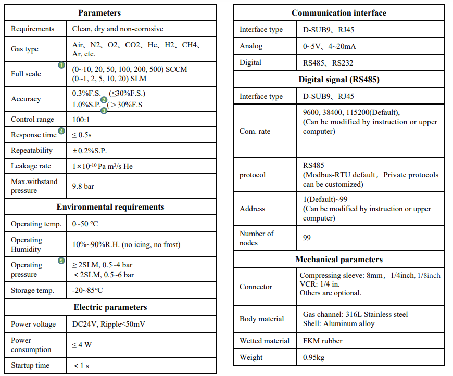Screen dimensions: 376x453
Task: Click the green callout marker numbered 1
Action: pyautogui.click(x=61, y=65)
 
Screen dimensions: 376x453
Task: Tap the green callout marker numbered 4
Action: pyautogui.click(x=61, y=132)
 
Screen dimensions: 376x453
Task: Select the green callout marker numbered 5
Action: pyautogui.click(x=61, y=260)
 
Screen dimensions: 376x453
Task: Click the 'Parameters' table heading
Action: pyautogui.click(x=99, y=13)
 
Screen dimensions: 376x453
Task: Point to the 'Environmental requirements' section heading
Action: pyautogui.click(x=110, y=207)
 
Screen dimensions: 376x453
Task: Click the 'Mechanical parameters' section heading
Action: pyautogui.click(x=339, y=260)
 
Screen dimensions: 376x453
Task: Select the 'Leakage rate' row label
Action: pyautogui.click(x=31, y=166)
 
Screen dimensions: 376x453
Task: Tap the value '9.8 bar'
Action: pyautogui.click(x=83, y=186)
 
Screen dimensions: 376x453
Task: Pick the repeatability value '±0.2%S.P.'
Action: pyautogui.click(x=93, y=150)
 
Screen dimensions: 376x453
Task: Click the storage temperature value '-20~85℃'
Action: pyautogui.click(x=87, y=290)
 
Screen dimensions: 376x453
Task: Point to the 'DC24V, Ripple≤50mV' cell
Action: pyautogui.click(x=108, y=324)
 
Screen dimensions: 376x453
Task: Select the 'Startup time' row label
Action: pyautogui.click(x=30, y=365)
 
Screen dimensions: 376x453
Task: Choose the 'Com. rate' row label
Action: pyautogui.click(x=255, y=131)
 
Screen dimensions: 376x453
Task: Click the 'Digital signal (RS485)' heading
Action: pyautogui.click(x=339, y=80)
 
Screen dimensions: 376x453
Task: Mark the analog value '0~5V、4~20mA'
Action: pyautogui.click(x=329, y=46)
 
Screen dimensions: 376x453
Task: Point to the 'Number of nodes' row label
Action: pyautogui.click(x=256, y=238)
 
